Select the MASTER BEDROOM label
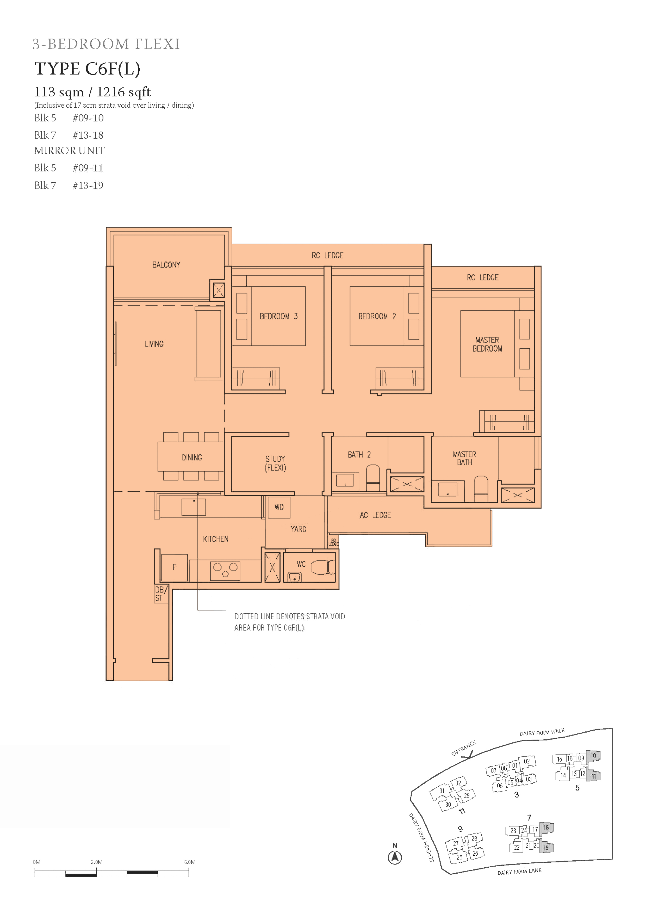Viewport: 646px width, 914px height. (487, 344)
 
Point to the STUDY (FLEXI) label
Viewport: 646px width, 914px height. (275, 463)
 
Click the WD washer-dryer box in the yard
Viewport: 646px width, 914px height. (279, 507)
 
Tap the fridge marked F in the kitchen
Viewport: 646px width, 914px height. (174, 567)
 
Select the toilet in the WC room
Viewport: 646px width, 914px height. (323, 567)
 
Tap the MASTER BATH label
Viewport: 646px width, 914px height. (464, 458)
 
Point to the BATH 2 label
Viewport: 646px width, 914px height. (359, 455)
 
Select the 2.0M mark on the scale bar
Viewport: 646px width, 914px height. (96, 862)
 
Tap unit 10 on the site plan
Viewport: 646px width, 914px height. (593, 756)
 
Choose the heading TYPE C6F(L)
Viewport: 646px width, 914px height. (87, 69)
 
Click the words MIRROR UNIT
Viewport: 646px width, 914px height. (70, 151)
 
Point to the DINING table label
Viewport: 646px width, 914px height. (192, 458)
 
